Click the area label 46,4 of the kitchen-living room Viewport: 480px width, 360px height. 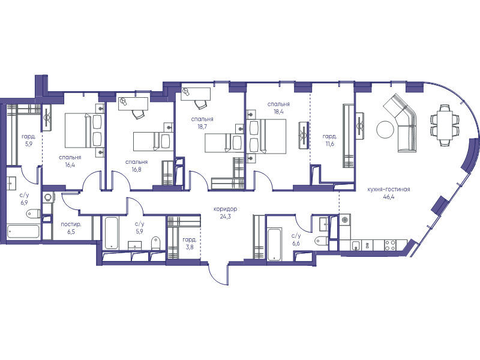pos(388,197)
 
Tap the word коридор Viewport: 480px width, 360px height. pos(226,209)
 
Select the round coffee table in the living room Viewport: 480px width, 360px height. pos(385,130)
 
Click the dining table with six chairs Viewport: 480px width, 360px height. pos(445,125)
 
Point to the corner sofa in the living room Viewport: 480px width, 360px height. pos(403,122)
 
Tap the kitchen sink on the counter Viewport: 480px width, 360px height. pos(356,245)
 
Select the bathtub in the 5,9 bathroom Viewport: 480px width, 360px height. pos(111,233)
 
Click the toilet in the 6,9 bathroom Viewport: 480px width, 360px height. pos(33,213)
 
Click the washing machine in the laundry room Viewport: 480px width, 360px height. pos(48,197)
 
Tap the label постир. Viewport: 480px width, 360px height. pos(71,224)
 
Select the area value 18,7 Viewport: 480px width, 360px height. pos(202,127)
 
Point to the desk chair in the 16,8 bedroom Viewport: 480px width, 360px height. pos(138,114)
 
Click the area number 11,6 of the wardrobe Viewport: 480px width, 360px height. pos(329,143)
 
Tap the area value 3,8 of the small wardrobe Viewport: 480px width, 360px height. pos(190,247)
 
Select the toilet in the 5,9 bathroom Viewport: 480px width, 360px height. pos(156,243)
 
